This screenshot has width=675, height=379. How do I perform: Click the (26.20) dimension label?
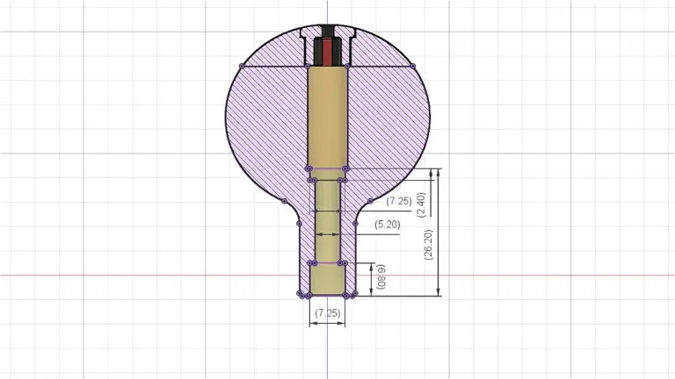(x=428, y=245)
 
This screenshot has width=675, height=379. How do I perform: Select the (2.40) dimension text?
(x=422, y=204)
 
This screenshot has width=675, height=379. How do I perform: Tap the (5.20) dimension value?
(x=387, y=225)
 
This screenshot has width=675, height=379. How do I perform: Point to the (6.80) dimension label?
(x=381, y=276)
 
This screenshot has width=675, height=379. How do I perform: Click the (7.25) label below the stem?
(x=328, y=313)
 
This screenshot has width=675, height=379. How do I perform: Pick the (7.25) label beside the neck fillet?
(x=399, y=201)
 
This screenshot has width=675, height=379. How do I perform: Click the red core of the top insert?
(x=328, y=52)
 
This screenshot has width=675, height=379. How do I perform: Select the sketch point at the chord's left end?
(x=242, y=66)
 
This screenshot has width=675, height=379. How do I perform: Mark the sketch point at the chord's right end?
(x=413, y=66)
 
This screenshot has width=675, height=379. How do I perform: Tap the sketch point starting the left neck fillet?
(x=284, y=201)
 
